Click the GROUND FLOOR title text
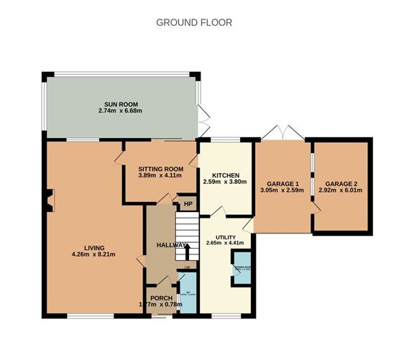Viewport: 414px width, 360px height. point(194,22)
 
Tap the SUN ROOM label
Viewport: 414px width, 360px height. point(121,104)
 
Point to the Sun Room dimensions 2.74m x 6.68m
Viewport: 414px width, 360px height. point(121,111)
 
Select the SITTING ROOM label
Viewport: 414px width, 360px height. point(160,168)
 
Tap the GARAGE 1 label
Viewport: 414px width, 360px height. point(282,183)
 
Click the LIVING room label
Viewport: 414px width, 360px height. point(93,247)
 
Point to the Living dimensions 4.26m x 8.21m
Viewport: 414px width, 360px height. point(93,254)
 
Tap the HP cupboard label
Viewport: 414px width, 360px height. point(188,204)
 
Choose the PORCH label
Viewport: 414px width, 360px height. point(161,297)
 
